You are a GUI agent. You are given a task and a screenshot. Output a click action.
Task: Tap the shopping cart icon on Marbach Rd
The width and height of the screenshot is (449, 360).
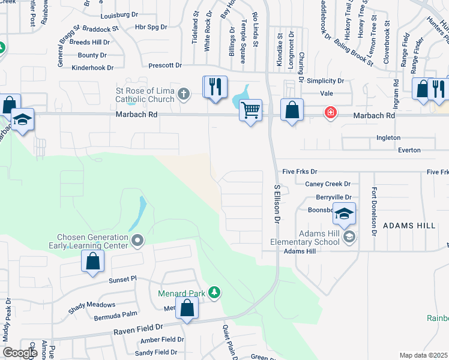[x=250, y=110]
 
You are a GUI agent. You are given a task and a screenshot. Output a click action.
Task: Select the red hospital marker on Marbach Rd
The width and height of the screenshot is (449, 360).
[x=330, y=112]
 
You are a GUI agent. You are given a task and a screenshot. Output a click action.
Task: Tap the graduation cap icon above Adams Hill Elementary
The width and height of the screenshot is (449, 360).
[x=345, y=213]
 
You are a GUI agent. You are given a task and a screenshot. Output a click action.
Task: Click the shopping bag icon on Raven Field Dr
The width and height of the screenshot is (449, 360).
[x=187, y=309]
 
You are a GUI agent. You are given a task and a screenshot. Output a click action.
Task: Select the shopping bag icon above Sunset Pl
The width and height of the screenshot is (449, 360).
[x=92, y=261]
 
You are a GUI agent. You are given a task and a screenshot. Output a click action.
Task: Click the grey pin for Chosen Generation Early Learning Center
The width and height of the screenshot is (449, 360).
[x=138, y=241]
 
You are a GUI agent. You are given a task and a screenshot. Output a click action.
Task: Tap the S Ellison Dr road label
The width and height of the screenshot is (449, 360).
[x=277, y=204]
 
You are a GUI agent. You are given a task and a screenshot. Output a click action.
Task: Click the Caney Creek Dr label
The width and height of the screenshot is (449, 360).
[x=327, y=184]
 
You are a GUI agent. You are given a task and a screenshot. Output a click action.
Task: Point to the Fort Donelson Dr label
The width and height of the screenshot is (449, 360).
[x=373, y=211]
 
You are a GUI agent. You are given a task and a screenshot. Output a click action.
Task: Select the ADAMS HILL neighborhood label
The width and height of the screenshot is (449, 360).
[x=409, y=225]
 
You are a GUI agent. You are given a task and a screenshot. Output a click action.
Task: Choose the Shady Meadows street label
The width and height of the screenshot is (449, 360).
[x=92, y=304]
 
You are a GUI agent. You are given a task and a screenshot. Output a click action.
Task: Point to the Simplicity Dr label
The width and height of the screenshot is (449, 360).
[x=325, y=81]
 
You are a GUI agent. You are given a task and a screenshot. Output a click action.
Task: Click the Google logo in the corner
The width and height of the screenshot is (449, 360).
[x=20, y=353]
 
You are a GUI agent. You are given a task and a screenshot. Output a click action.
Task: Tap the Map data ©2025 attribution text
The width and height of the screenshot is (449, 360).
[x=423, y=355]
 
